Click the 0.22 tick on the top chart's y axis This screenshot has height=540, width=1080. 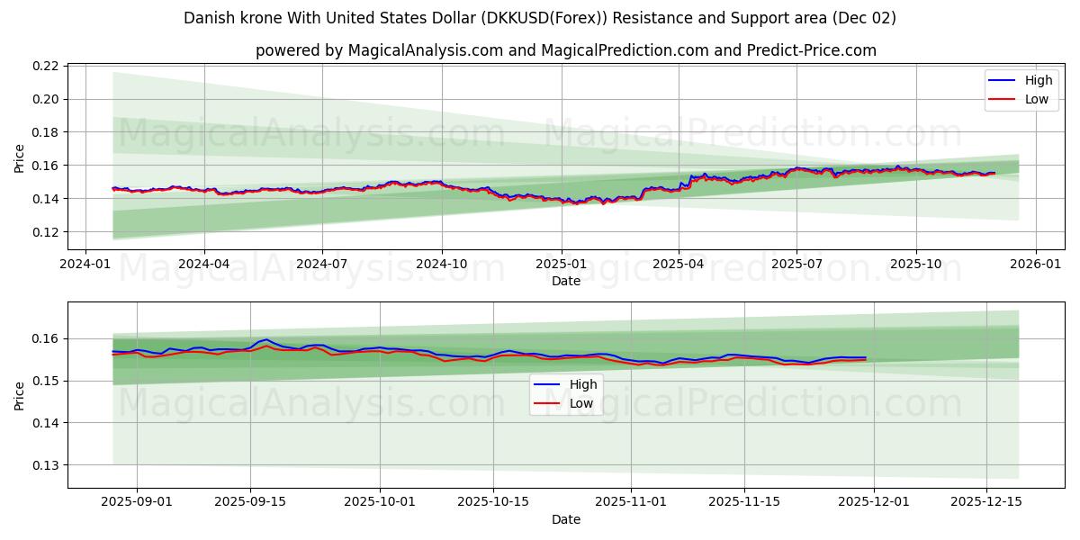click(46, 66)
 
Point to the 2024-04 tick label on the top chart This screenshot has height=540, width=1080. click(203, 265)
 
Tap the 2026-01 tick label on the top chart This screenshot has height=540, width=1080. click(1035, 265)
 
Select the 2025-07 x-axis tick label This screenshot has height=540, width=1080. click(796, 265)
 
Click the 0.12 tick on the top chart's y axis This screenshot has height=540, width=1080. click(46, 232)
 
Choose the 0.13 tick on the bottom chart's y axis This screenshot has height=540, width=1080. click(46, 465)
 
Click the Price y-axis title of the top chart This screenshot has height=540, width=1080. click(20, 157)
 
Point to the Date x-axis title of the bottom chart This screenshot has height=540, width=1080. click(566, 519)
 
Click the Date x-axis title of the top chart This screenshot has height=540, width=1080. click(566, 281)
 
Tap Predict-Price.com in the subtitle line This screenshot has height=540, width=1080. click(812, 50)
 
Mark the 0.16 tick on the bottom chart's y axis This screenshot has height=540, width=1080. click(46, 338)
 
